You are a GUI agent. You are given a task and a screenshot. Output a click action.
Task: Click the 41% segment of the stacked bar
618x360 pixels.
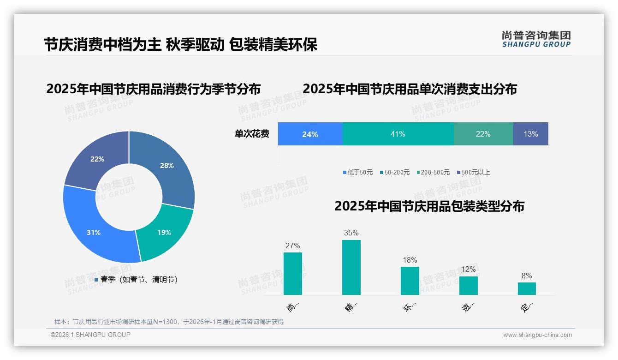pos(398,134)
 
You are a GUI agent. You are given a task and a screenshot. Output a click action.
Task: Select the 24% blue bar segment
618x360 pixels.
pos(310,134)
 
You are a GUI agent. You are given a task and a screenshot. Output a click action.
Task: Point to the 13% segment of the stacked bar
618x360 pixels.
pos(530,134)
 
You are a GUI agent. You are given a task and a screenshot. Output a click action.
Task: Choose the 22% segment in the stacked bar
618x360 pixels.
pos(483,134)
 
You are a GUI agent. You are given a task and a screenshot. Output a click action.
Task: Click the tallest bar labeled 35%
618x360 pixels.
pos(351,267)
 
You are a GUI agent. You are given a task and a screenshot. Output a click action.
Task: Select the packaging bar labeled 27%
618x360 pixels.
pos(292,273)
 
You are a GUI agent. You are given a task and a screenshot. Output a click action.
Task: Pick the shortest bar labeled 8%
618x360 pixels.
pos(527,288)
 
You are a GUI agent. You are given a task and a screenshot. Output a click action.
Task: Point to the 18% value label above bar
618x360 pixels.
pos(410,260)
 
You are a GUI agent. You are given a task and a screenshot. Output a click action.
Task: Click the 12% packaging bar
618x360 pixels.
pos(468,285)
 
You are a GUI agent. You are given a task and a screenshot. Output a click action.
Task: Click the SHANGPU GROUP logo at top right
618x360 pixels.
pos(536,39)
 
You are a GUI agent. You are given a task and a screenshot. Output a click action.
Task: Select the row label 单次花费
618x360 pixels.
pos(252,134)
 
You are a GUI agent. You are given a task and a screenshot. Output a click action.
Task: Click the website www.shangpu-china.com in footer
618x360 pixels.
pos(537,335)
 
